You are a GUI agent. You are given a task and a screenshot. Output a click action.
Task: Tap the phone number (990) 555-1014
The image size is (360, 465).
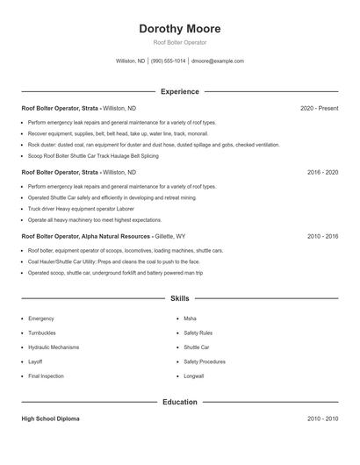click(169, 61)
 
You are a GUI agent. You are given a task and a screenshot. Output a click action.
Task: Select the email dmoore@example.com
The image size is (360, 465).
click(217, 61)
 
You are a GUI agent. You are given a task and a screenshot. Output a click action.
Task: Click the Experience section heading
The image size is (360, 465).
click(180, 91)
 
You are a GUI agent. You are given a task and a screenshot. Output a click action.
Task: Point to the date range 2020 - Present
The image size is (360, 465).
click(319, 108)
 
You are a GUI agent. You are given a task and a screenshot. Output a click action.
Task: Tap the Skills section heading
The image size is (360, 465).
click(180, 299)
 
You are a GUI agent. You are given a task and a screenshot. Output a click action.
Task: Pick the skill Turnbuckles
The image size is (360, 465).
click(45, 333)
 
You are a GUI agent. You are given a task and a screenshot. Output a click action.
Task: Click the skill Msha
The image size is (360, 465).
click(191, 318)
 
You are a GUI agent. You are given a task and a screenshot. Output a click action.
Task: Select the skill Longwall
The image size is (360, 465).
click(195, 376)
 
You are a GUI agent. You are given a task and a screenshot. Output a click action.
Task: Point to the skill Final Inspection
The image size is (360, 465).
click(47, 376)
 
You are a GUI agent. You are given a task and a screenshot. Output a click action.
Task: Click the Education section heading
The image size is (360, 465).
click(180, 402)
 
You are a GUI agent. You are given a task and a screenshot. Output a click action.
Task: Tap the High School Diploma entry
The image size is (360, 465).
click(50, 419)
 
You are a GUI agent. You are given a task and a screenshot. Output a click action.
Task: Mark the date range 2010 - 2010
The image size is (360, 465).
click(323, 419)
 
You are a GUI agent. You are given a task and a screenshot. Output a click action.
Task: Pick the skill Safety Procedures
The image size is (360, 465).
click(205, 361)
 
